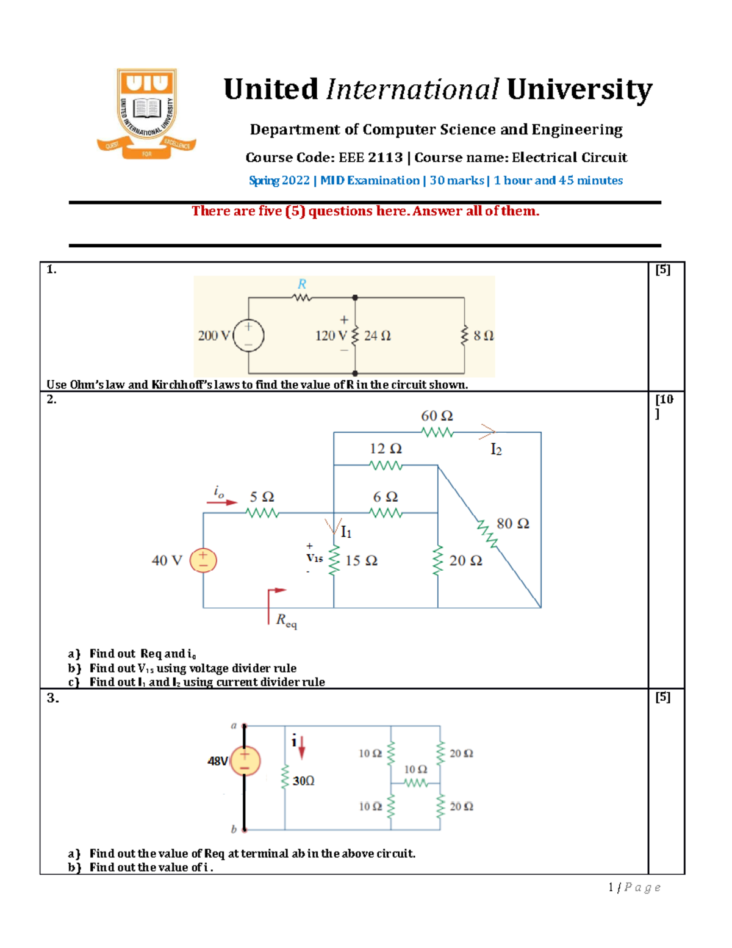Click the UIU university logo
[146, 114]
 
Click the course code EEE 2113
[370, 157]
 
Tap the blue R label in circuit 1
[302, 284]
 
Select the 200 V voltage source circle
[248, 336]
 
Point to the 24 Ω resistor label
[378, 336]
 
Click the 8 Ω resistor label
[484, 336]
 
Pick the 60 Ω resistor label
[437, 416]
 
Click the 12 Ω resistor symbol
[386, 465]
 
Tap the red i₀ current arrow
[222, 502]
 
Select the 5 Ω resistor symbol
[263, 513]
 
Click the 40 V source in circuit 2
[203, 560]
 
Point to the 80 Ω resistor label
[512, 524]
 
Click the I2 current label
[496, 450]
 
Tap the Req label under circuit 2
[286, 620]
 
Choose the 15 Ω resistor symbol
[334, 560]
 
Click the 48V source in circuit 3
[245, 761]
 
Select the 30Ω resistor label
[303, 781]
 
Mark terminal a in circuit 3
[234, 726]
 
